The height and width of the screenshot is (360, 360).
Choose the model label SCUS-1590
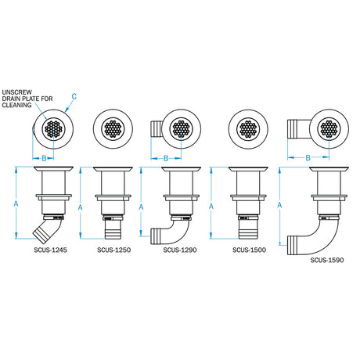(326, 260)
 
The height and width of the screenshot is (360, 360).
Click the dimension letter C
(74, 97)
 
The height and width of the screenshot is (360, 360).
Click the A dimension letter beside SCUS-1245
(17, 203)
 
